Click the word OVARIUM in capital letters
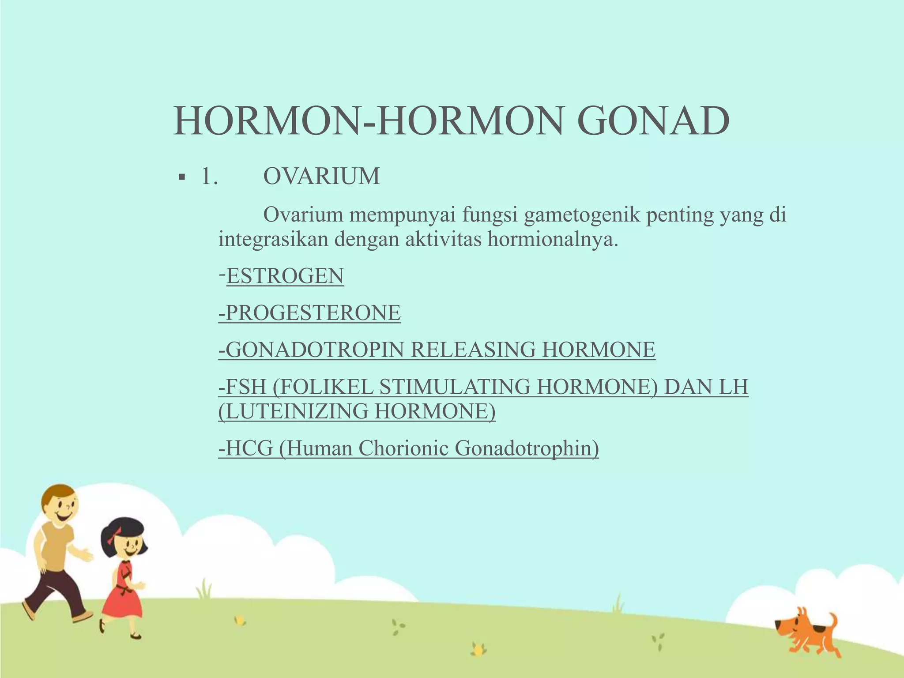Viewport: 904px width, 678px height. point(321,177)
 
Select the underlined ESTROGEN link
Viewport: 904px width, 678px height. point(285,276)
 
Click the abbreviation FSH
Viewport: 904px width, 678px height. point(245,387)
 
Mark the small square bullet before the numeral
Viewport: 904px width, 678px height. point(181,177)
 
